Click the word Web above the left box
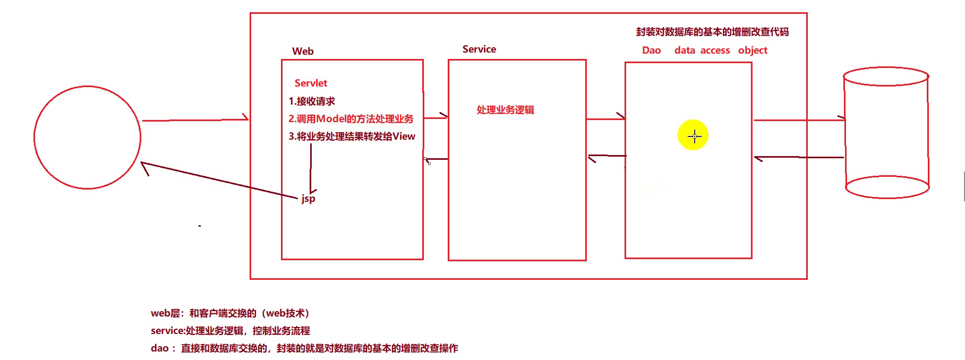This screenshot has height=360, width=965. click(x=303, y=52)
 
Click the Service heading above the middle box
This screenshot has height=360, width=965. click(x=479, y=49)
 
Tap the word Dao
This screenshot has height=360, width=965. click(x=651, y=50)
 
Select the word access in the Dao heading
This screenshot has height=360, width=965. click(x=715, y=50)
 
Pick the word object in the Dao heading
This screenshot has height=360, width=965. click(x=753, y=50)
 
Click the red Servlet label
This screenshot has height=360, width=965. click(x=311, y=83)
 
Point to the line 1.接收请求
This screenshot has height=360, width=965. click(x=312, y=101)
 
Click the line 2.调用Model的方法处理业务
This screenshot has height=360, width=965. click(x=351, y=119)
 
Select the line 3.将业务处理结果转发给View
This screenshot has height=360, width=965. click(x=352, y=136)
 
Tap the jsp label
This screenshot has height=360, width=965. click(x=308, y=199)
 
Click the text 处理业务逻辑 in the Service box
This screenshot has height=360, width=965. click(x=505, y=110)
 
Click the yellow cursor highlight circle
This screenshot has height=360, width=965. click(x=693, y=135)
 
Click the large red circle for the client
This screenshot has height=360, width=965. click(x=87, y=137)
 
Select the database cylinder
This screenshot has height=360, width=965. click(x=886, y=133)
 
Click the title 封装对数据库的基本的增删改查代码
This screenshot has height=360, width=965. click(x=712, y=32)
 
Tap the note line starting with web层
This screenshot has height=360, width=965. click(x=230, y=313)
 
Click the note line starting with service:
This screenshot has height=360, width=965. click(x=230, y=331)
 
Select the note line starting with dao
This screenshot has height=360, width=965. click(x=304, y=348)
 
